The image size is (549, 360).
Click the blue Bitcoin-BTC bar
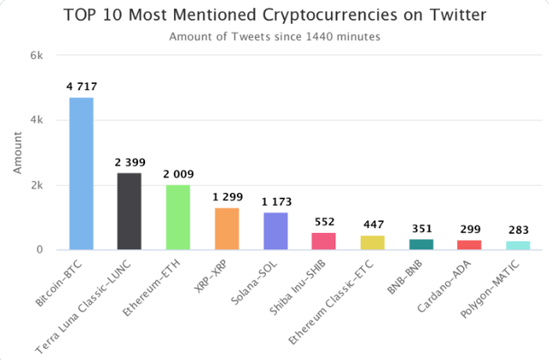81,173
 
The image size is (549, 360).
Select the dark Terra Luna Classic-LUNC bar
129,211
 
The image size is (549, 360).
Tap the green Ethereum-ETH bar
178,217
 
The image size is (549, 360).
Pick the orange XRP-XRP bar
226,229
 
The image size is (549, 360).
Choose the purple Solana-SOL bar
275,231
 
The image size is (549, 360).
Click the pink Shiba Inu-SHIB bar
324,241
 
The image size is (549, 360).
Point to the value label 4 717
81,87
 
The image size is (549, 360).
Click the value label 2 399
129,162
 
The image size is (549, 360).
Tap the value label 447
372,225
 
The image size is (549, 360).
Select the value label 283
519,231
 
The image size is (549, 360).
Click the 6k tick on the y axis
37,55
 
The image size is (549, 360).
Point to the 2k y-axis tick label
37,185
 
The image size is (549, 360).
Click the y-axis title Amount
17,153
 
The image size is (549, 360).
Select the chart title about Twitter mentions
274,15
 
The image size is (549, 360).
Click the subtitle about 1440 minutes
274,37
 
